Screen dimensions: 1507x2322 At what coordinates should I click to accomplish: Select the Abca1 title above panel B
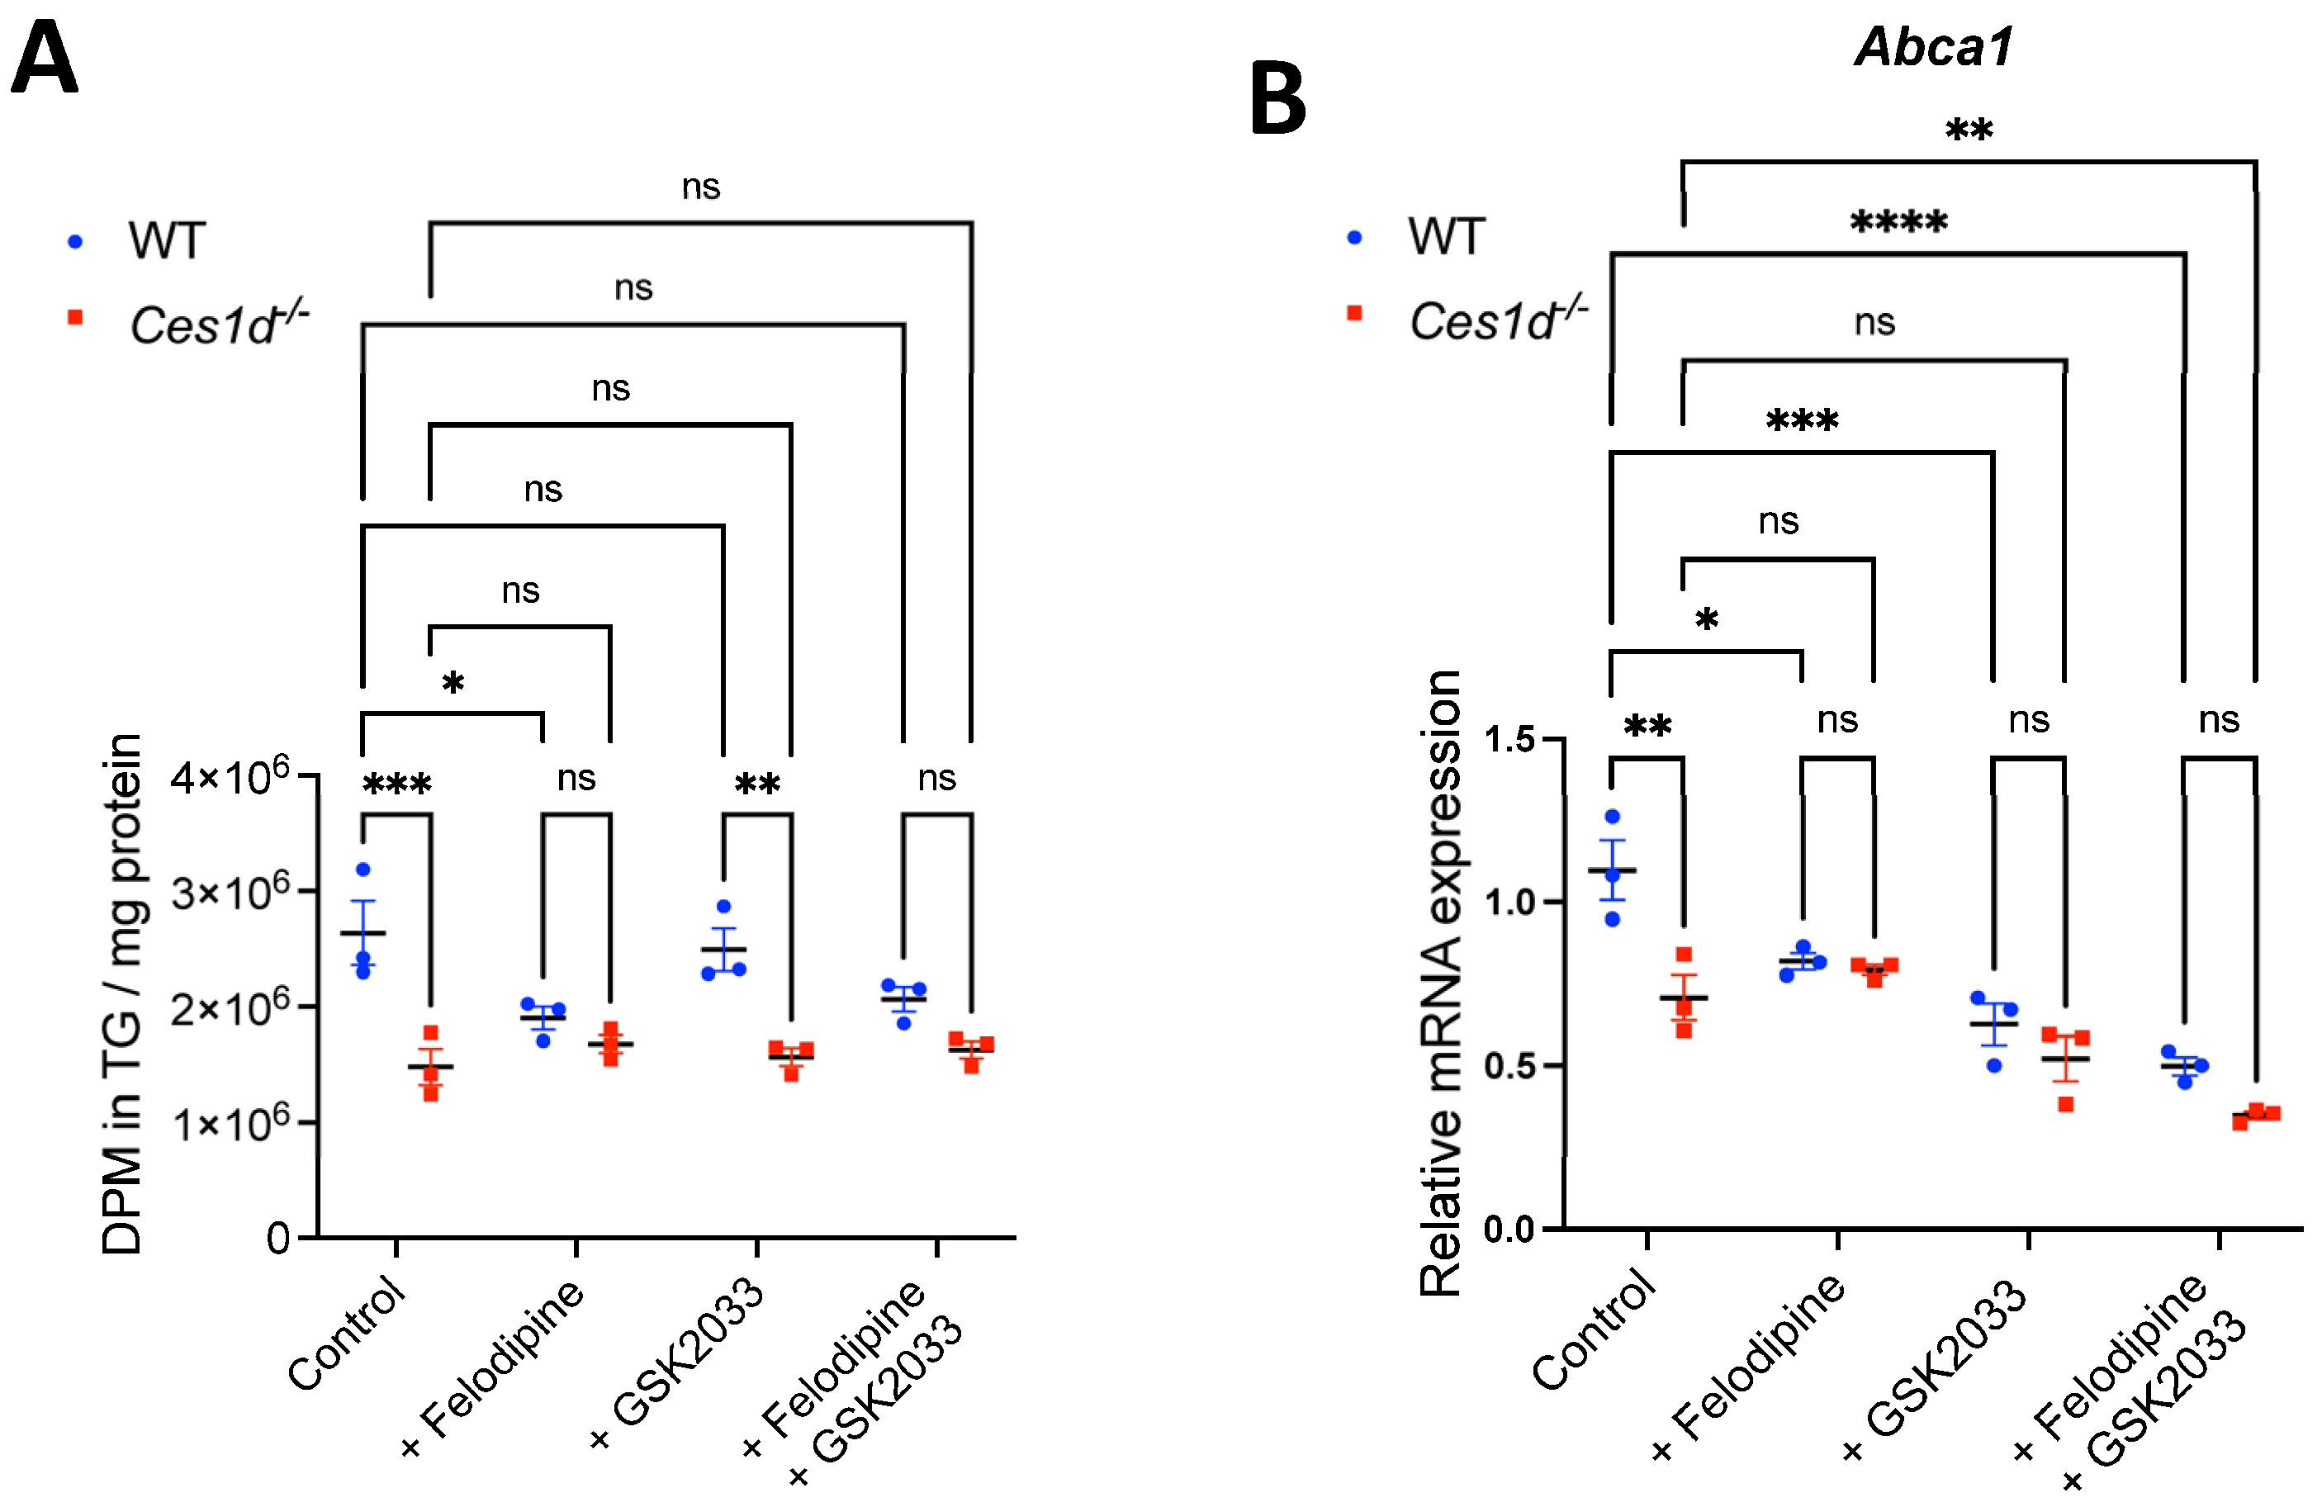(x=1934, y=46)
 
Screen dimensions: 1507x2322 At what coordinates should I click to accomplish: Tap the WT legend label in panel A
(x=166, y=240)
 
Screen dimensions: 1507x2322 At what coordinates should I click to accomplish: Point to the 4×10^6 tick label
(x=230, y=777)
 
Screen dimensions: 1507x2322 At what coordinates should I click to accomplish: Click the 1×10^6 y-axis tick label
(x=230, y=1124)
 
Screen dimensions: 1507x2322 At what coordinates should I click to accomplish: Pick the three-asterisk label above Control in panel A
(x=396, y=784)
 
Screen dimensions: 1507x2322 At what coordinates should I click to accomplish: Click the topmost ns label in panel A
(x=700, y=187)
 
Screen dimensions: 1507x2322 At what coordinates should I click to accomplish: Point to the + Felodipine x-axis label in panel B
(x=1751, y=1366)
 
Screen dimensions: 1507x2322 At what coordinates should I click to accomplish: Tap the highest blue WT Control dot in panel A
(x=363, y=869)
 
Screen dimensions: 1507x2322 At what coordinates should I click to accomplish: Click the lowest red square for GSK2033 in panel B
(x=2065, y=1104)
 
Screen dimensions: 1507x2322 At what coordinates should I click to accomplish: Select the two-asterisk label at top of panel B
(x=1969, y=130)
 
